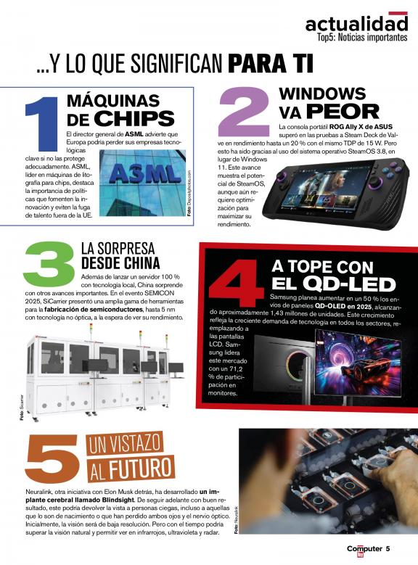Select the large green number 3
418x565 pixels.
pyautogui.click(x=49, y=264)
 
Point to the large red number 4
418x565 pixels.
pyautogui.click(x=236, y=283)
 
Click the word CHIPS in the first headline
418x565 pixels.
pyautogui.click(x=134, y=118)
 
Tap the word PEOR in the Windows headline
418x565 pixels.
pyautogui.click(x=343, y=112)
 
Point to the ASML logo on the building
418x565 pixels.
pyautogui.click(x=145, y=173)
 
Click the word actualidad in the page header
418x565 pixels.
pyautogui.click(x=356, y=24)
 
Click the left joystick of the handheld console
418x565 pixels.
pyautogui.click(x=281, y=178)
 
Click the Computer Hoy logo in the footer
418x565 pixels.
pyautogui.click(x=364, y=550)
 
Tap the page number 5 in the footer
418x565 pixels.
pyautogui.click(x=388, y=549)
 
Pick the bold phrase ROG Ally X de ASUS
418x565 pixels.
pyautogui.click(x=361, y=127)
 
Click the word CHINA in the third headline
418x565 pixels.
pyautogui.click(x=142, y=263)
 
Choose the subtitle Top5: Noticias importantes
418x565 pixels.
pyautogui.click(x=362, y=38)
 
